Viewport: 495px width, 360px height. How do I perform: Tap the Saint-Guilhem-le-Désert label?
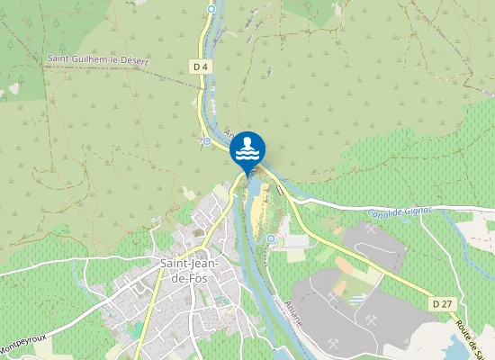pos(97,59)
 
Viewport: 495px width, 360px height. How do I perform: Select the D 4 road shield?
pos(200,66)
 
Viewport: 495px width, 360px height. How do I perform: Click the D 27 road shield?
pos(441,304)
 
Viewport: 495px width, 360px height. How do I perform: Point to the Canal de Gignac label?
pos(400,212)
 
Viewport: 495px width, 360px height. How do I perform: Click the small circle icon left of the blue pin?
pos(207,141)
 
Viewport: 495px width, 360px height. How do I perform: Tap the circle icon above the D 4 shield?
pos(211,9)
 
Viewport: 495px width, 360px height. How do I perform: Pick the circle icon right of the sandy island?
pos(271,238)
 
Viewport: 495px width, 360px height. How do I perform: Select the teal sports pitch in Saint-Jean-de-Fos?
pos(135,329)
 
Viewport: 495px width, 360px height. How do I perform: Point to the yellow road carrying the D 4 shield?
pos(200,90)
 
